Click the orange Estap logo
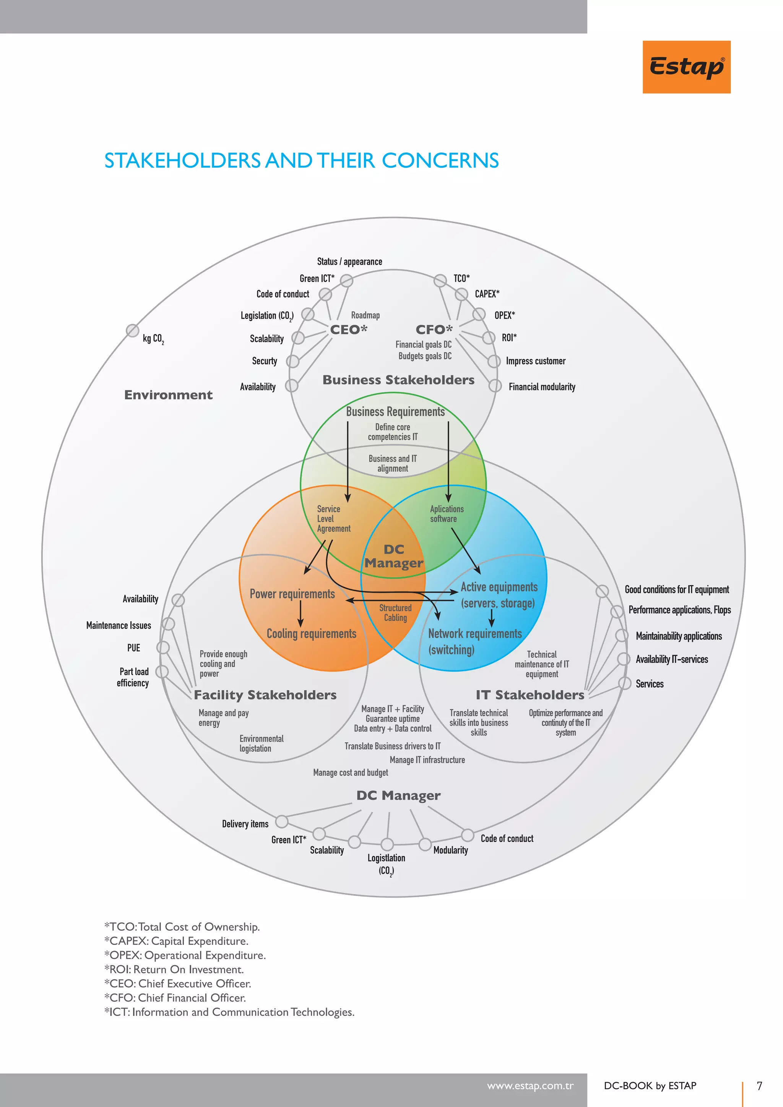click(x=687, y=67)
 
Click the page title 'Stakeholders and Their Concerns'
click(x=302, y=161)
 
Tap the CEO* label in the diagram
click(x=349, y=330)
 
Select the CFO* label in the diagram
click(x=434, y=330)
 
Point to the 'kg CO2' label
click(x=153, y=339)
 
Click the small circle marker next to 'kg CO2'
click(x=133, y=330)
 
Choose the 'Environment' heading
click(x=168, y=395)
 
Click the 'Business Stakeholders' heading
click(x=398, y=380)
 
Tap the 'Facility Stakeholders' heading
click(x=265, y=695)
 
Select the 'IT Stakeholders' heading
click(x=530, y=695)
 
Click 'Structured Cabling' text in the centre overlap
click(x=395, y=613)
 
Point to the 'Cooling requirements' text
click(x=312, y=634)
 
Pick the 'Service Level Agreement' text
click(x=334, y=519)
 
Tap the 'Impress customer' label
click(x=536, y=361)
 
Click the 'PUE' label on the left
click(x=133, y=648)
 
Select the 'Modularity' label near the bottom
click(x=450, y=850)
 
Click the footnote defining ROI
click(x=174, y=969)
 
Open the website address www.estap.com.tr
click(x=530, y=1086)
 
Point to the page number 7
click(x=759, y=1086)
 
